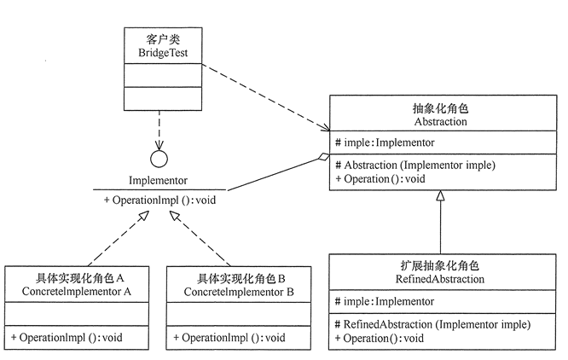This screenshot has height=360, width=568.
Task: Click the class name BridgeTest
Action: [163, 53]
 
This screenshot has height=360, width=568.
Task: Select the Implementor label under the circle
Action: [159, 180]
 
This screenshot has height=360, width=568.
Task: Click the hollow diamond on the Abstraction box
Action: [323, 157]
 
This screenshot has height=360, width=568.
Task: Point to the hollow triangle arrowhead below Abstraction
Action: [440, 195]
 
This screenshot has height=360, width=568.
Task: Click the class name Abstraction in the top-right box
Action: [440, 122]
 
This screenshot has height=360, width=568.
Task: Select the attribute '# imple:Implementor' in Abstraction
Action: [385, 142]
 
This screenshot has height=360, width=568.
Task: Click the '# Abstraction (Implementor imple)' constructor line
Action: [415, 165]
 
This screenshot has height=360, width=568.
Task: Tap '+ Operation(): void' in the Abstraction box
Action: [380, 179]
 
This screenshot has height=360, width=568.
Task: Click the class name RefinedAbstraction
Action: [440, 279]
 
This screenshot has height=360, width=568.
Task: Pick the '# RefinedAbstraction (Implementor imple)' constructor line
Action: [432, 324]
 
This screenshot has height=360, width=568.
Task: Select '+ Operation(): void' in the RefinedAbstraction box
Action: [379, 339]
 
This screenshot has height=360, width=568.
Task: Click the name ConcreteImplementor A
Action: [77, 292]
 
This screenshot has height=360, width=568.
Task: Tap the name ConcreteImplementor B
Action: [239, 292]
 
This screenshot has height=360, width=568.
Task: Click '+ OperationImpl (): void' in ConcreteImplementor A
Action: [67, 338]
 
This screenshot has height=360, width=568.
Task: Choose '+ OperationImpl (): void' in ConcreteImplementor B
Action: [229, 338]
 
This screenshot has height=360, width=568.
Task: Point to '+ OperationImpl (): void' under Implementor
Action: [159, 200]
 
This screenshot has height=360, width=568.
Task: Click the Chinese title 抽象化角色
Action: [440, 108]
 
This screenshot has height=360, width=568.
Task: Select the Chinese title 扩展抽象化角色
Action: [440, 266]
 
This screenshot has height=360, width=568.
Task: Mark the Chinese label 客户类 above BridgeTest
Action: [163, 39]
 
